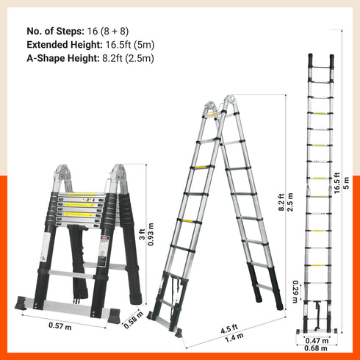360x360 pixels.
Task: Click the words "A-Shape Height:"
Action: coord(61,58)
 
